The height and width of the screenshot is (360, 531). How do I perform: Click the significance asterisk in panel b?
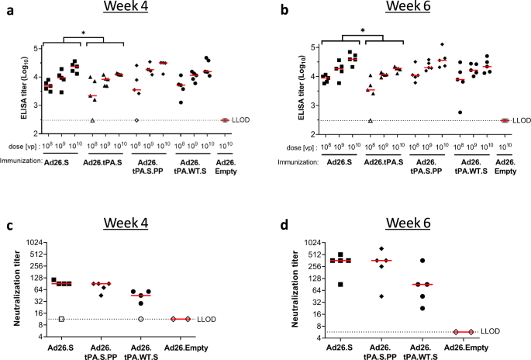[x=362, y=31]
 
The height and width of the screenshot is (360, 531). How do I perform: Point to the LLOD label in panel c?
[x=230, y=319]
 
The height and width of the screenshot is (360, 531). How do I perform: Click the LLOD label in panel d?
[x=491, y=331]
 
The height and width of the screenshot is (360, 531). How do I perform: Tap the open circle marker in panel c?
[x=140, y=319]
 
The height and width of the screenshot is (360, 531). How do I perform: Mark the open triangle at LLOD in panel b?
[x=371, y=120]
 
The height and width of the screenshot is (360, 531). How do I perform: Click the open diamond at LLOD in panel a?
[x=136, y=120]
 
